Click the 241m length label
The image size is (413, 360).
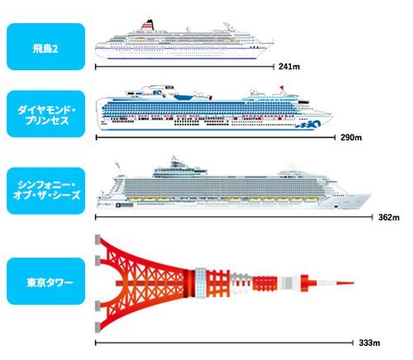289,67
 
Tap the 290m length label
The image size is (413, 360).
351,137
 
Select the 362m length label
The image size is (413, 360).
389,217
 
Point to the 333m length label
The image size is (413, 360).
369,343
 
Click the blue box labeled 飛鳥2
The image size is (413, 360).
45,46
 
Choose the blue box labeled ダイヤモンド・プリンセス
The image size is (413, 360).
45,114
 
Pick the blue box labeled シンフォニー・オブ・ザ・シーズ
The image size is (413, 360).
45,191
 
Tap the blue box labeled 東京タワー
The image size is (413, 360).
45,281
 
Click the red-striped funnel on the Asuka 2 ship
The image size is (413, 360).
149,25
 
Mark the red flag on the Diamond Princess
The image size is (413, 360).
282,88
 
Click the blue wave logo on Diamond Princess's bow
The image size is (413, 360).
308,126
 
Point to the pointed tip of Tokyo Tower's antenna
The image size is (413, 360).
354,282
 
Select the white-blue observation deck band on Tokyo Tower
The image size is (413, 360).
201,282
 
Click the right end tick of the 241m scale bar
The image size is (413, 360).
273,67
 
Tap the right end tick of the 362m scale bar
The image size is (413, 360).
372,217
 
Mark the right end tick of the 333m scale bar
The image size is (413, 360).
353,343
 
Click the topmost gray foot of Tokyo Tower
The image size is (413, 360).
97,239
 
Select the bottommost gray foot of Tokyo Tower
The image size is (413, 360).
97,327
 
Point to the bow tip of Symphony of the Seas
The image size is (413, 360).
371,195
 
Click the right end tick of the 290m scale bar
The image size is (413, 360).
335,137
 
